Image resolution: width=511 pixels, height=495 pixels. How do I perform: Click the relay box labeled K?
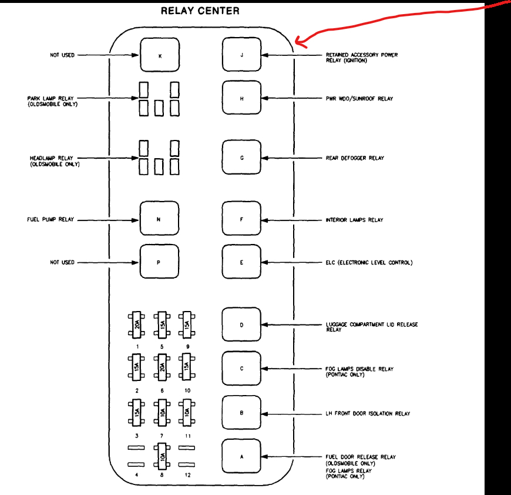159,56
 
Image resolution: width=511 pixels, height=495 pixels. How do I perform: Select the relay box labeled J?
241,56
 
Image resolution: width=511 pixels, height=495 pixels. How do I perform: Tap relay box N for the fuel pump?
159,220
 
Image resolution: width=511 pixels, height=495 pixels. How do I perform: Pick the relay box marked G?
241,158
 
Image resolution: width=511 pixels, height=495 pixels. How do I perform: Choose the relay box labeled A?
241,456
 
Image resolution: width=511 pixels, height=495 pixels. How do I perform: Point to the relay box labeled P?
159,262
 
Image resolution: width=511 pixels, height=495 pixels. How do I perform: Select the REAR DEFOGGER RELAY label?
355,158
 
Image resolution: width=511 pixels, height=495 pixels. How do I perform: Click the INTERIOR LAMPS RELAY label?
355,220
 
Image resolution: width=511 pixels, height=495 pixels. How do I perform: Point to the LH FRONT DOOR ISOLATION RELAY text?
368,414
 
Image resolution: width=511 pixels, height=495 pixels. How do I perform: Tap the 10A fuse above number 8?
162,456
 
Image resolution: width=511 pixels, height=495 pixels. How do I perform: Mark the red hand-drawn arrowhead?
299,40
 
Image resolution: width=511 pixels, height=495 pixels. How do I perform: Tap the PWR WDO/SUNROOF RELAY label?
359,99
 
